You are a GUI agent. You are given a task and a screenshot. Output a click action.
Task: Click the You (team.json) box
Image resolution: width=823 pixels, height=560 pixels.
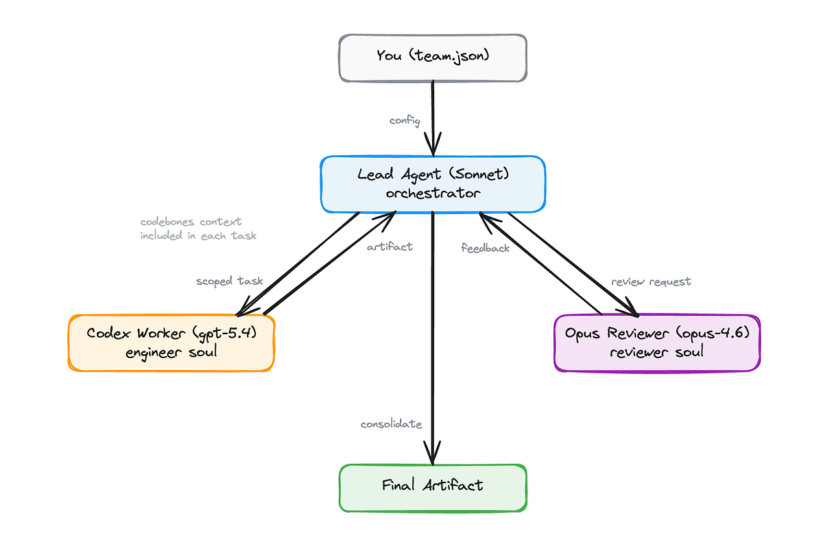coord(433,58)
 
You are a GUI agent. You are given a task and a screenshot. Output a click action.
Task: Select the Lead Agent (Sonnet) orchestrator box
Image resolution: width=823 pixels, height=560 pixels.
coord(433,184)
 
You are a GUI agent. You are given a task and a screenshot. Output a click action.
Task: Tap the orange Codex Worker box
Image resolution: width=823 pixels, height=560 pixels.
coord(171,342)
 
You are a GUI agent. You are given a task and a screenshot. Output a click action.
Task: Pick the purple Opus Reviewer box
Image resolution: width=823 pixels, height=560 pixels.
coord(657,343)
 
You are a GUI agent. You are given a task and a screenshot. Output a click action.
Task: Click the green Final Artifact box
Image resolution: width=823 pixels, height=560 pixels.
coord(433,488)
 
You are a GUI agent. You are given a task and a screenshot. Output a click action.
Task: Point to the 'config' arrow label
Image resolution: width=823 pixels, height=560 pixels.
coord(405,121)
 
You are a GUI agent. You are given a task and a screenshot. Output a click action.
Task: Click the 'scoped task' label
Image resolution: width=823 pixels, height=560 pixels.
coord(230,281)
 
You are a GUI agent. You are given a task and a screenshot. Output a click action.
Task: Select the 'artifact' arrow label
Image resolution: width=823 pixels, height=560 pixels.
coord(390,246)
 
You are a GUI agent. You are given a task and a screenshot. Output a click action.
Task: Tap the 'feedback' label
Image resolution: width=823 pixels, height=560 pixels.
coord(485,248)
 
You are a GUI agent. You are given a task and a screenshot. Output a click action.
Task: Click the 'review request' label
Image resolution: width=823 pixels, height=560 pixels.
coord(651,281)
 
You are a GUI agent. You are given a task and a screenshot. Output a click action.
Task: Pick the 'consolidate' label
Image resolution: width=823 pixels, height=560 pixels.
coord(392,424)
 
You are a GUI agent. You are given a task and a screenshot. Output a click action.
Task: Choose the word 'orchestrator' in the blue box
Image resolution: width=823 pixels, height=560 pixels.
coord(433,193)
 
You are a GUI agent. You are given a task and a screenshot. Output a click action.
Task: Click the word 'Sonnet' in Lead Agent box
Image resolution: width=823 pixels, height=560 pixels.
coord(479,174)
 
